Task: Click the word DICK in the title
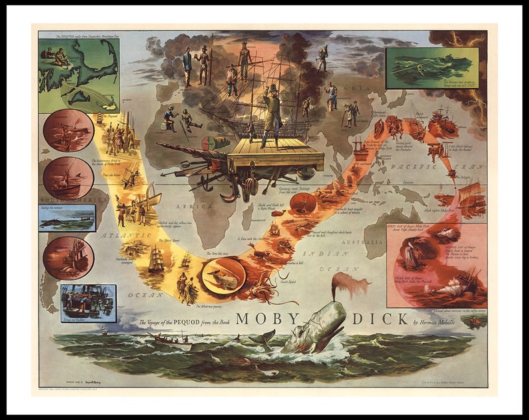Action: click(380, 319)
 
